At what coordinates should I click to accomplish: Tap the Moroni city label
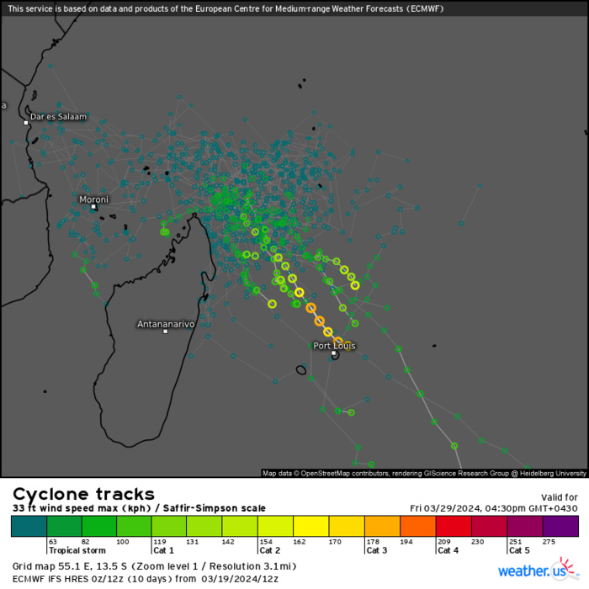[93, 199]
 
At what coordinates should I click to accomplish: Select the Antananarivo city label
[166, 324]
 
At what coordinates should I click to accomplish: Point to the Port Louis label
[334, 346]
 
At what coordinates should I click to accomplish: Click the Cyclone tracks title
[83, 494]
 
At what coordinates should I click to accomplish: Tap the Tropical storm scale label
[77, 550]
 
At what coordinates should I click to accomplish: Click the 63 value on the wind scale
[52, 542]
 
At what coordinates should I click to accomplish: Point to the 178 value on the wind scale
[373, 542]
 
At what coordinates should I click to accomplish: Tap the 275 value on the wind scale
[550, 542]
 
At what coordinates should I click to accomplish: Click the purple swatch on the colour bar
[560, 526]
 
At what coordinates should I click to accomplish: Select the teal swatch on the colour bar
[29, 526]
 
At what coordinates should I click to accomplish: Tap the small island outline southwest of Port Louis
[301, 370]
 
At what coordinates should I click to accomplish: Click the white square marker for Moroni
[94, 206]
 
